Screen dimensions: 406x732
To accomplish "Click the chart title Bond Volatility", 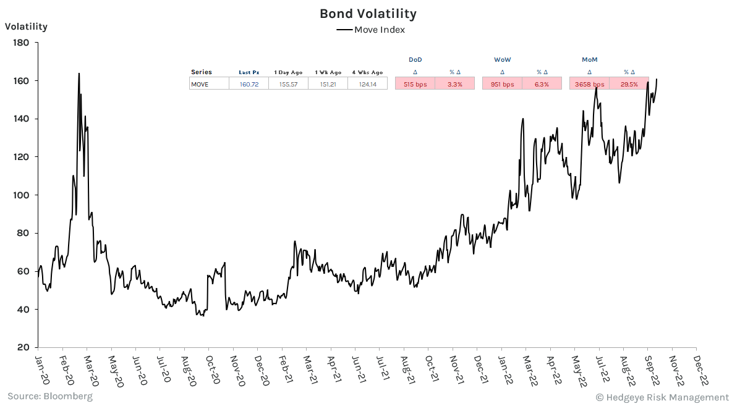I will click(x=368, y=14).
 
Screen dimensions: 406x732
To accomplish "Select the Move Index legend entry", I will click(x=370, y=30).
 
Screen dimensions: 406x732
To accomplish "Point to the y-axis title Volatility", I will click(x=26, y=27).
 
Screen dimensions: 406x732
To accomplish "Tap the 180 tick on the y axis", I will click(x=21, y=43).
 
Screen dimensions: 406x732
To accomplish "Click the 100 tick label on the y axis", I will click(x=21, y=195).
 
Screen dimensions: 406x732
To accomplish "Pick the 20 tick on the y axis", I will click(x=23, y=347).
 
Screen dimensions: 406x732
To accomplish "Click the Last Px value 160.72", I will click(x=249, y=84).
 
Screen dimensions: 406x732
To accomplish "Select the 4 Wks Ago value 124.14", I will click(x=367, y=84).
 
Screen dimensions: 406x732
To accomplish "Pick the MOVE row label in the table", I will click(x=200, y=84).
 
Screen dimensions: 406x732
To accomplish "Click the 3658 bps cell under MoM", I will click(x=589, y=84).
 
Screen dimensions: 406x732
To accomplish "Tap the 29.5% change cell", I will click(x=629, y=84).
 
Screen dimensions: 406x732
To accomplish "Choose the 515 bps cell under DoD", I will click(x=415, y=84).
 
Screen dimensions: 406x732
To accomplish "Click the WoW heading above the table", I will click(x=502, y=59).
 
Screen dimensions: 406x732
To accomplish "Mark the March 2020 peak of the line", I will click(x=79, y=74).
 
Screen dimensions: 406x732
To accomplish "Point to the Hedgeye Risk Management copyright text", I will click(x=662, y=397).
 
